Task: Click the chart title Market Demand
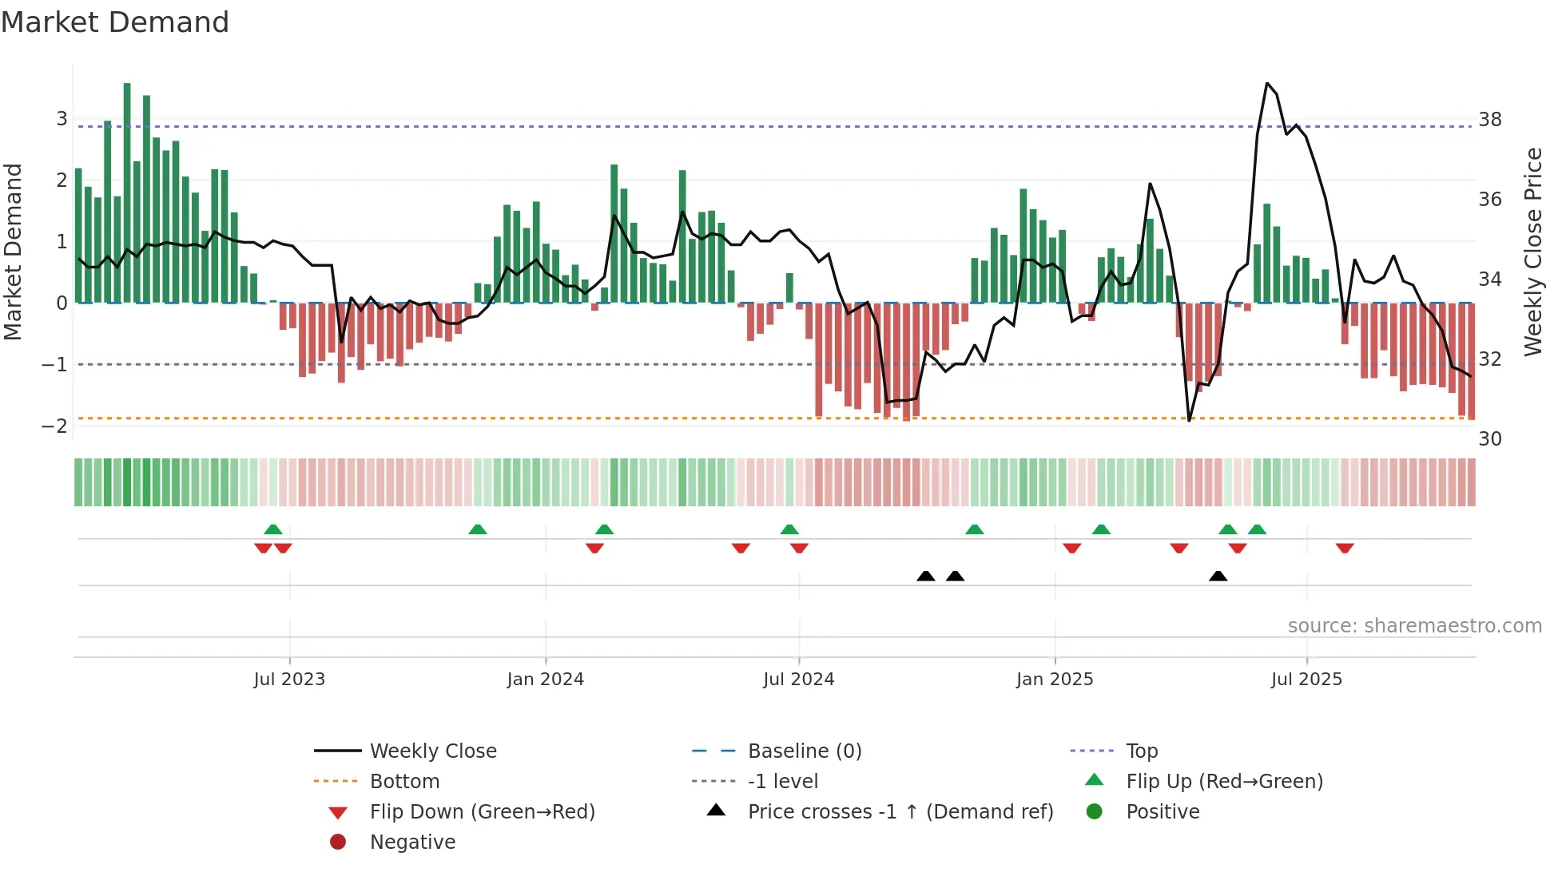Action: tap(115, 22)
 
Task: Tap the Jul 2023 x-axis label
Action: tap(289, 680)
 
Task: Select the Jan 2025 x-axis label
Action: tap(1055, 680)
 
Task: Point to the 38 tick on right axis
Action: tap(1490, 120)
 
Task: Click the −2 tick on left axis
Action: tap(54, 426)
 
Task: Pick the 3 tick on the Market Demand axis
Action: tap(62, 119)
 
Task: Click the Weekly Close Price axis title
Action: tap(1532, 252)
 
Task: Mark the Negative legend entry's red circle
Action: tap(338, 842)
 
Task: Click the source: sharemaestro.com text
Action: tap(1414, 626)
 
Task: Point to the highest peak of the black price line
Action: tap(1267, 83)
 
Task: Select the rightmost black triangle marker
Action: tap(1218, 576)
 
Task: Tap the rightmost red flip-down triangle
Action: tap(1345, 548)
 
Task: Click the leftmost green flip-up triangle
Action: tap(273, 529)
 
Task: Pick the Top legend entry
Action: tap(1142, 751)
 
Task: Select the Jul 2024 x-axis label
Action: tap(798, 680)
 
